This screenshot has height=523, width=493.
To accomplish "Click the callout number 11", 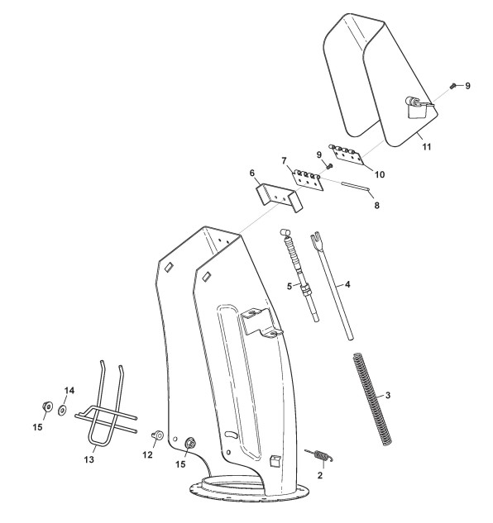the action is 427,147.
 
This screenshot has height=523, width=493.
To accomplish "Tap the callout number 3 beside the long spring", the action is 387,395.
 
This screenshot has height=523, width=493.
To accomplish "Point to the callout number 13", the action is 89,459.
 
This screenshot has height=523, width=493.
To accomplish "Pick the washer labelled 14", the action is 62,410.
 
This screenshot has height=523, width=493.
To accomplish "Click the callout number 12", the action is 147,454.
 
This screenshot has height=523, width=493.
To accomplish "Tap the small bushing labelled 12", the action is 157,435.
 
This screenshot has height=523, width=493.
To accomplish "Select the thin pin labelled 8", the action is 356,186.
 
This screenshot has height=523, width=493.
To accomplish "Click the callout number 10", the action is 380,174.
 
